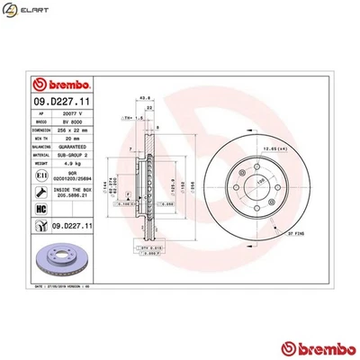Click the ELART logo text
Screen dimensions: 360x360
click(x=32, y=11)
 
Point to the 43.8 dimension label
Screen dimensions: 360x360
click(x=144, y=99)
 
